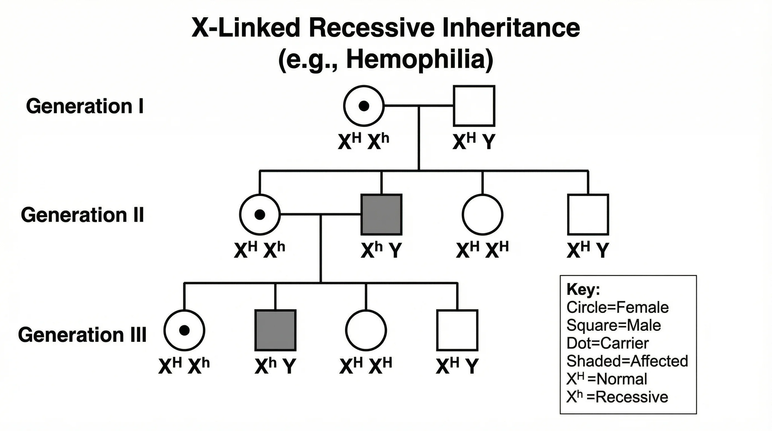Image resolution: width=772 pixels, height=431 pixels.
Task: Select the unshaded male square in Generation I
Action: pyautogui.click(x=474, y=106)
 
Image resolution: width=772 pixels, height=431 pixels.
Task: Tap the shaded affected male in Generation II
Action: pyautogui.click(x=381, y=214)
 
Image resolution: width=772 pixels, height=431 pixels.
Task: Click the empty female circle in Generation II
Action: pyautogui.click(x=482, y=214)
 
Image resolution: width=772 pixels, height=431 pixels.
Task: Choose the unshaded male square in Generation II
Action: pyautogui.click(x=588, y=214)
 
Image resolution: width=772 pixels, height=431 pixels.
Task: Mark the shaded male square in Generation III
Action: pyautogui.click(x=275, y=330)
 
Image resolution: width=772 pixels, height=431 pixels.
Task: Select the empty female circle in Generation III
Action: pyautogui.click(x=366, y=330)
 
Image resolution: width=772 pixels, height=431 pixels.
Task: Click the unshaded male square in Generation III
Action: pyautogui.click(x=457, y=330)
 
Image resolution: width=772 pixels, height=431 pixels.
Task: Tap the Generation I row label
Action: pyautogui.click(x=85, y=106)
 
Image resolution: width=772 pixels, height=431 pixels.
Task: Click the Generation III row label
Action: pyautogui.click(x=82, y=335)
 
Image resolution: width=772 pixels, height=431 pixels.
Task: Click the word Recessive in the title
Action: pyautogui.click(x=372, y=28)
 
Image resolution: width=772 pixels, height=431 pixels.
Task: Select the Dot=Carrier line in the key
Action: pyautogui.click(x=607, y=343)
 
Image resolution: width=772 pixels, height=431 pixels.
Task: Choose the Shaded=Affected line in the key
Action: pyautogui.click(x=627, y=361)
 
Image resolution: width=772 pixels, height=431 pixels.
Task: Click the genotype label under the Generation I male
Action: pyautogui.click(x=474, y=141)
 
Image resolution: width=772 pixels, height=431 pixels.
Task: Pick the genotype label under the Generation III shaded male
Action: pyautogui.click(x=275, y=366)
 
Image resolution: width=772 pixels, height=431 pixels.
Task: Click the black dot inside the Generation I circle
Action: pyautogui.click(x=364, y=106)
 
